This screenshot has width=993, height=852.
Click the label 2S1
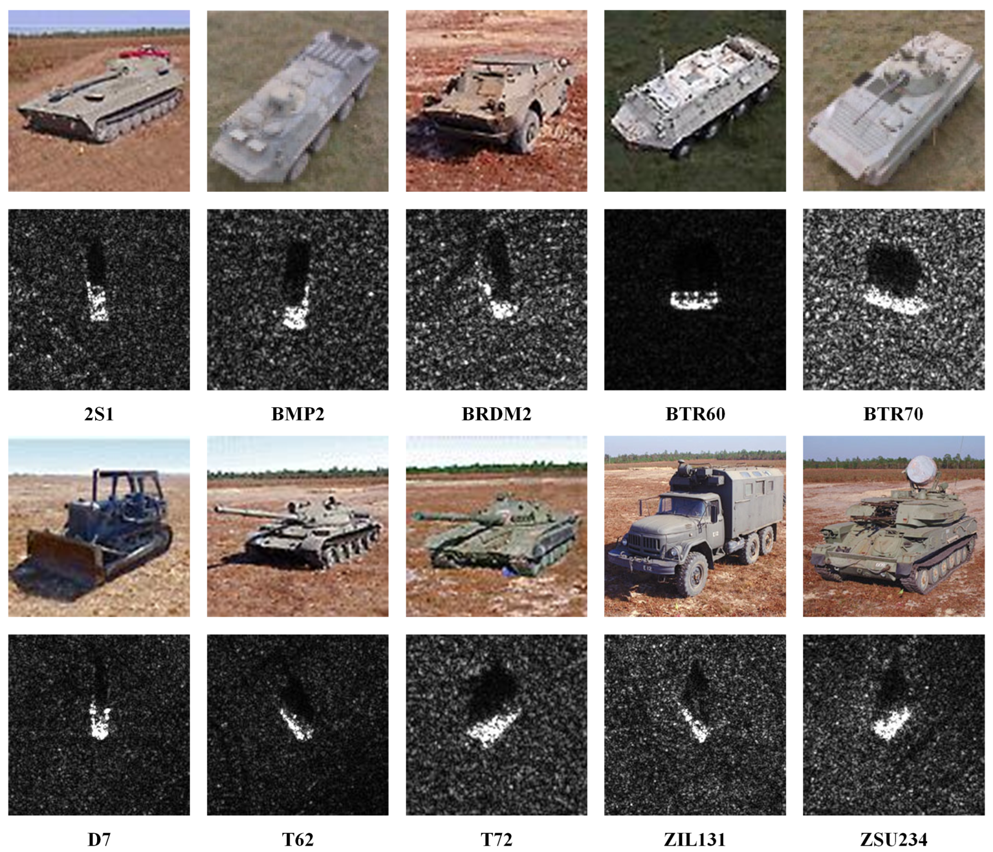[99, 414]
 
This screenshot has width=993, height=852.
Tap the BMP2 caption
[297, 414]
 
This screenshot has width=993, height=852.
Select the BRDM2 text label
[496, 414]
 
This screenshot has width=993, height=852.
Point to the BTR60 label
[695, 414]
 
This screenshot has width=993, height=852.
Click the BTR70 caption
[893, 414]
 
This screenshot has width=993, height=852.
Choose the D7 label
[99, 840]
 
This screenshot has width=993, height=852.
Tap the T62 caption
[297, 840]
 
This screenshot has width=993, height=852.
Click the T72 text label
[496, 840]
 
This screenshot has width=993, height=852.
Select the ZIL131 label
[695, 840]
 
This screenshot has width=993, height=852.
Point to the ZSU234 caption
[893, 840]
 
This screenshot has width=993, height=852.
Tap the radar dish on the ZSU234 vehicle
[921, 469]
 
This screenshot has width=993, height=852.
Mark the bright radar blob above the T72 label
[493, 727]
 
